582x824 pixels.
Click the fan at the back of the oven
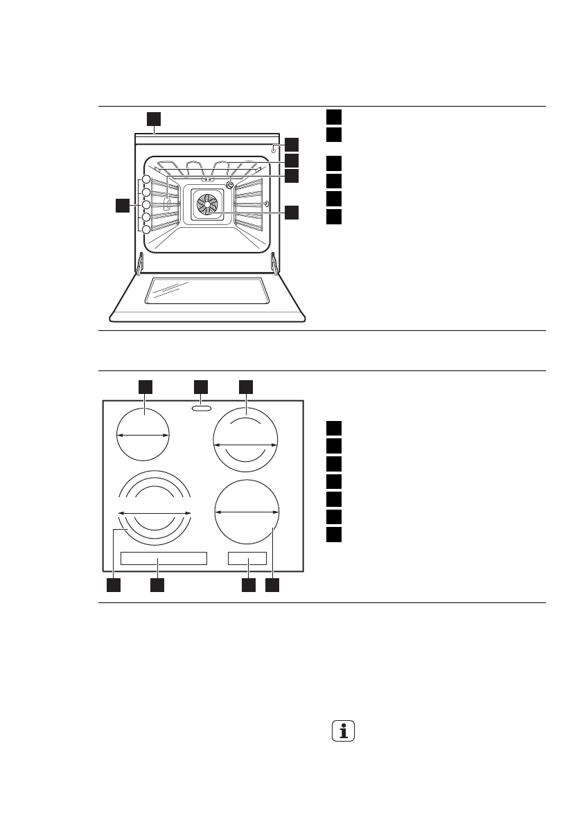pyautogui.click(x=206, y=203)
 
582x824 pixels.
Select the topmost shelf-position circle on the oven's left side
pyautogui.click(x=146, y=181)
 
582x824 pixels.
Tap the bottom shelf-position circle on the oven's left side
pyautogui.click(x=146, y=229)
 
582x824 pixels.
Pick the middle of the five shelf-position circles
pyautogui.click(x=146, y=205)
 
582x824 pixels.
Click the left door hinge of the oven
pyautogui.click(x=140, y=262)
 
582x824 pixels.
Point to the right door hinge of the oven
pyautogui.click(x=274, y=262)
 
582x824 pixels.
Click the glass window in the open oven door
pyautogui.click(x=206, y=290)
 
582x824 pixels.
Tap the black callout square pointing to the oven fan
pyautogui.click(x=292, y=213)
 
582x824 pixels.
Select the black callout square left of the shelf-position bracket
pyautogui.click(x=122, y=205)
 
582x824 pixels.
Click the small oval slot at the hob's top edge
pyautogui.click(x=200, y=409)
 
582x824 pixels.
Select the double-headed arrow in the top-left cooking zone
pyautogui.click(x=143, y=435)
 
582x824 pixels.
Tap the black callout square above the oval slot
pyautogui.click(x=200, y=386)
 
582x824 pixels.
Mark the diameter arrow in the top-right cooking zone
pyautogui.click(x=245, y=445)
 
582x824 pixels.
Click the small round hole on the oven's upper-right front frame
pyautogui.click(x=274, y=148)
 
